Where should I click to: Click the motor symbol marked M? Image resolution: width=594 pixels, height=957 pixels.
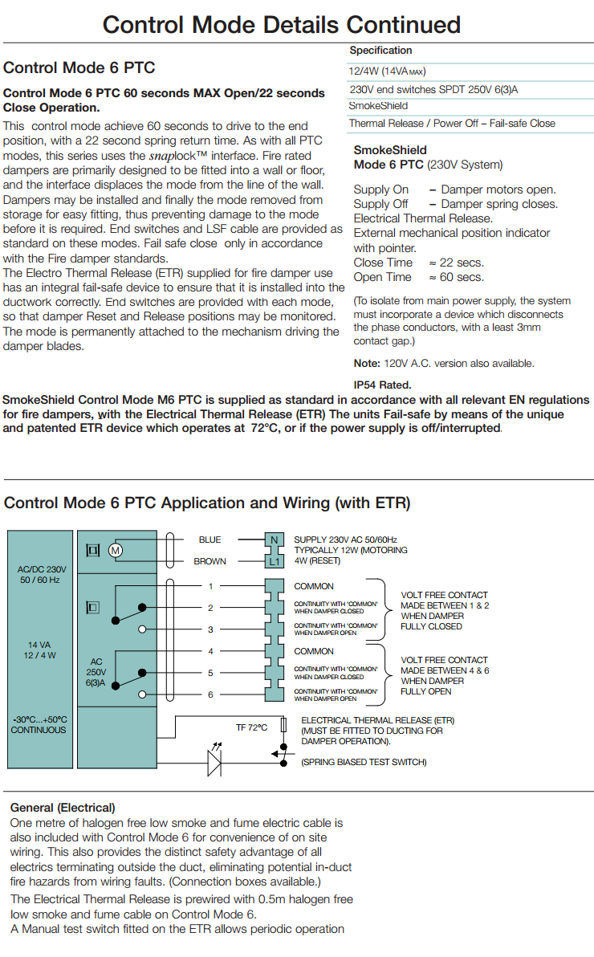click(116, 551)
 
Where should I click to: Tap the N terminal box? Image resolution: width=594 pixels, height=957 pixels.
click(274, 540)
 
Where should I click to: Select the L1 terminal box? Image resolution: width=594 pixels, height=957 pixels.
click(274, 561)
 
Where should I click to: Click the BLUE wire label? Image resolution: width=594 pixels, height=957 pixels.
click(210, 540)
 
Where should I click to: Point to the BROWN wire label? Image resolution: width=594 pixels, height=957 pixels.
click(210, 561)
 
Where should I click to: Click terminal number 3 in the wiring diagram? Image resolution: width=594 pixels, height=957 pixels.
click(210, 629)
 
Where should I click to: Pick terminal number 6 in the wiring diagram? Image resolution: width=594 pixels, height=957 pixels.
click(210, 694)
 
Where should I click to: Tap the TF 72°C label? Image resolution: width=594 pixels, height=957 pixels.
click(251, 727)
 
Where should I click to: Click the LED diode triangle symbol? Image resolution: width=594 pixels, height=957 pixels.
click(214, 763)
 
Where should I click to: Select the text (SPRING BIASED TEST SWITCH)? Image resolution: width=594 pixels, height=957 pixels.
click(364, 762)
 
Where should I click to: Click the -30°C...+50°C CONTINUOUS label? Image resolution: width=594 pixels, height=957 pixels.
click(39, 724)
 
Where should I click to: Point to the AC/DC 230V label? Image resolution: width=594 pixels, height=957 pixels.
click(42, 569)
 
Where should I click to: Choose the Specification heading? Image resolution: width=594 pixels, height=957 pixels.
click(380, 50)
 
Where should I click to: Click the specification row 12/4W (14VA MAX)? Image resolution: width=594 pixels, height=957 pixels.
click(387, 71)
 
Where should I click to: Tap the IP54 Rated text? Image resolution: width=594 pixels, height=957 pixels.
click(382, 385)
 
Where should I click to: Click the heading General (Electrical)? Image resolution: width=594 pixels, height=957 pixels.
click(63, 808)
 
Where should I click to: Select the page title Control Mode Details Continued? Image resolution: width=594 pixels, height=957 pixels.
click(282, 25)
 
